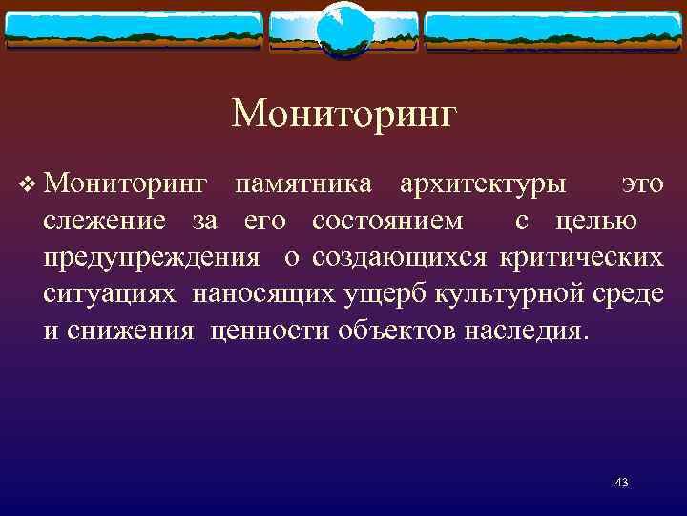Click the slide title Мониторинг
coord(344,115)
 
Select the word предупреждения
coord(152,258)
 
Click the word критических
coord(582,258)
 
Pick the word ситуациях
coord(110,294)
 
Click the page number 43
coord(622,484)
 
